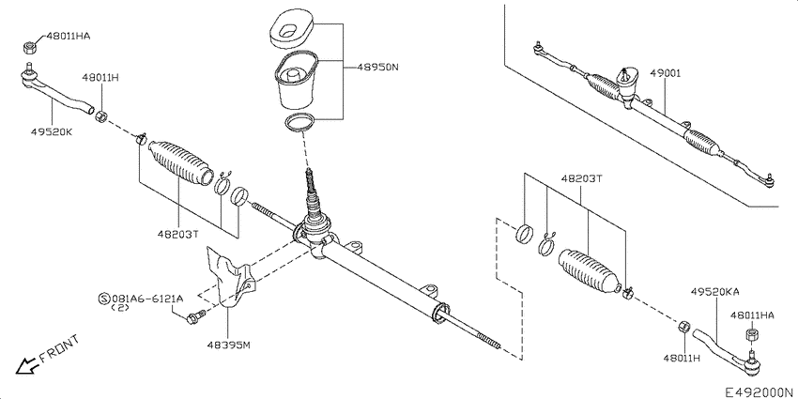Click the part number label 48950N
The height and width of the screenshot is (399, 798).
click(377, 68)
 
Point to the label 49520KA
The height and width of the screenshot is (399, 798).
click(716, 293)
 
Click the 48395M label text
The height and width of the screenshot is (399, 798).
click(228, 345)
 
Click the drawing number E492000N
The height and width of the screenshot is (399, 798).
click(758, 389)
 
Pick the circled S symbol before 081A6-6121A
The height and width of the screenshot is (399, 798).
click(103, 298)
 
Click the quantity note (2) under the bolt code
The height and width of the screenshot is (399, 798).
click(120, 308)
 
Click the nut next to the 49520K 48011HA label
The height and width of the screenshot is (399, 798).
click(28, 44)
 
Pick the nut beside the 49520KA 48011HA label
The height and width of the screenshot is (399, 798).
click(751, 335)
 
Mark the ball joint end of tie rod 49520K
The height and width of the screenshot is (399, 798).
click(29, 74)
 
